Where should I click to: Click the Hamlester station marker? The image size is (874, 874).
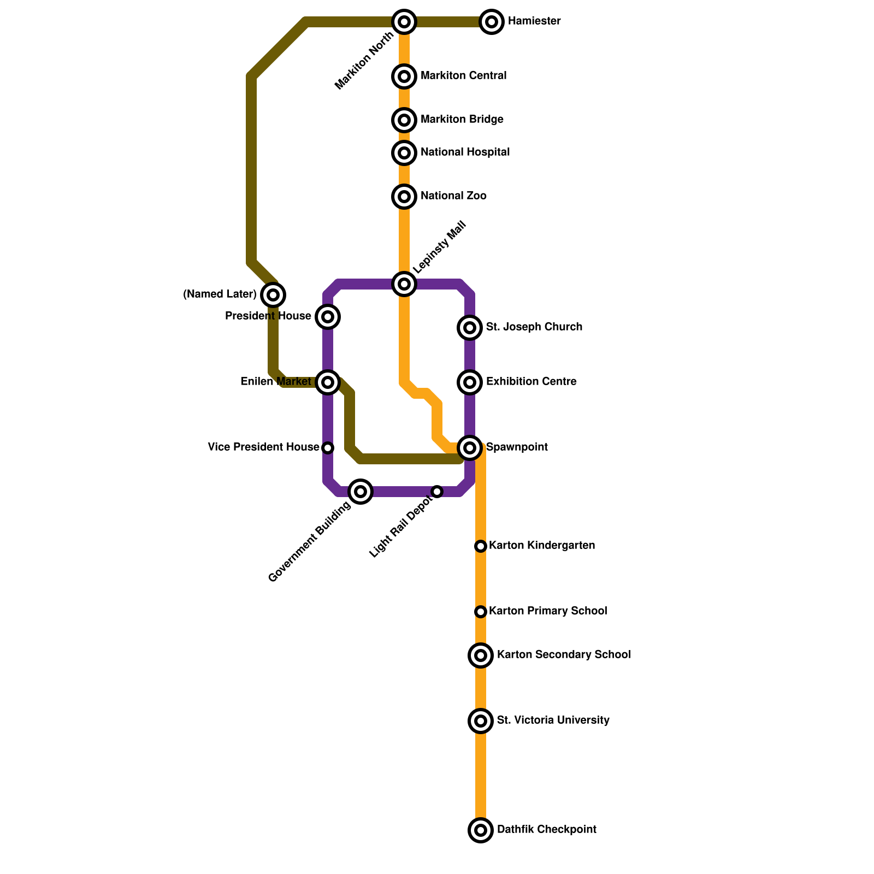pos(492,22)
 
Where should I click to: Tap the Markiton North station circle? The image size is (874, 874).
pos(404,22)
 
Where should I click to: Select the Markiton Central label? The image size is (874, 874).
pos(463,76)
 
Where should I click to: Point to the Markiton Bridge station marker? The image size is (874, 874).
pos(404,120)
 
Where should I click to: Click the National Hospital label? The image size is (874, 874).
pos(465,152)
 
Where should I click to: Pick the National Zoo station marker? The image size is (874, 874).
pos(404,197)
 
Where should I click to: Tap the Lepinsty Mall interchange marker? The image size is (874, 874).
pos(404,284)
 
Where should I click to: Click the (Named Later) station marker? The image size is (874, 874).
pos(273,295)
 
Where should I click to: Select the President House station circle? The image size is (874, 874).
pos(328,317)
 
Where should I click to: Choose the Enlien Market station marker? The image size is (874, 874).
pos(328,382)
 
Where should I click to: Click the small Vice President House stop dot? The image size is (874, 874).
pos(328,448)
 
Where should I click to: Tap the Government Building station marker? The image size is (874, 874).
pos(361,492)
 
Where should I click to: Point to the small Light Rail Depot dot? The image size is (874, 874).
pos(437,492)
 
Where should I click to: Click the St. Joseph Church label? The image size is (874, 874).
pos(534,327)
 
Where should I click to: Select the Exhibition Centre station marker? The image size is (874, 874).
pos(470,382)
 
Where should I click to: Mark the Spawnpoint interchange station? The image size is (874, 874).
pos(470,448)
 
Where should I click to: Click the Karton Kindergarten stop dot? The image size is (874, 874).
pos(481,546)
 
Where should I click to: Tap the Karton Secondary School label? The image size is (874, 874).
pos(563,655)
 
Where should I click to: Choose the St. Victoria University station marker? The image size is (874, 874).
pos(481,721)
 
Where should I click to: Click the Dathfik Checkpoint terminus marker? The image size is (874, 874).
pos(481,830)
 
